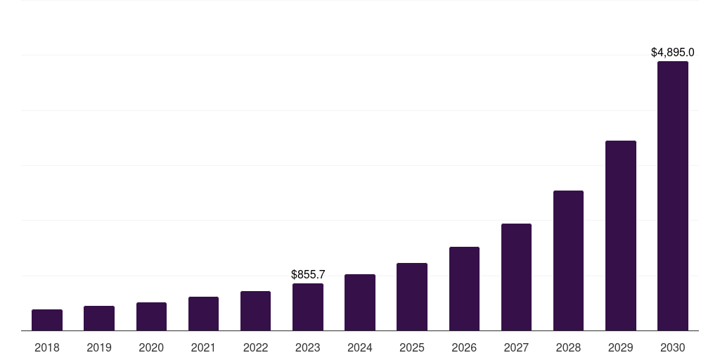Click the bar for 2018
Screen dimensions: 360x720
pos(47,320)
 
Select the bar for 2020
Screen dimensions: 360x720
pos(151,316)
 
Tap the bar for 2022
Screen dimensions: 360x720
pos(255,311)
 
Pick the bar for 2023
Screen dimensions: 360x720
pos(308,307)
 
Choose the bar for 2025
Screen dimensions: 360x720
pos(412,297)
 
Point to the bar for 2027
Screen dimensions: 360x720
pos(516,277)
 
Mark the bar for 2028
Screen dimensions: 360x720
pos(568,261)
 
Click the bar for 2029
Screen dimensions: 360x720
pos(621,236)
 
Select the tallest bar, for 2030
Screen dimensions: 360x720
pos(673,196)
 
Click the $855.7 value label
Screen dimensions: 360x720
pos(308,274)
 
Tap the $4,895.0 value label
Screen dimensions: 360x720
pos(673,52)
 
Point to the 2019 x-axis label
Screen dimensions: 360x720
pos(99,347)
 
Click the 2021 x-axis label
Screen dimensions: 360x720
pos(203,347)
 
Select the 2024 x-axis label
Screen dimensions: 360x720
pos(360,347)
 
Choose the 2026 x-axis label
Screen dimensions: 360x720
pos(464,347)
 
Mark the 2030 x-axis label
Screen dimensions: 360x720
pos(673,347)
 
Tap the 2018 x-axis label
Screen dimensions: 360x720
pos(47,347)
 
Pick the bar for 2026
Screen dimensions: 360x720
pos(464,289)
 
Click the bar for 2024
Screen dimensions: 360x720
pos(360,302)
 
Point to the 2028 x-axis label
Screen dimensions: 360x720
pos(568,347)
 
